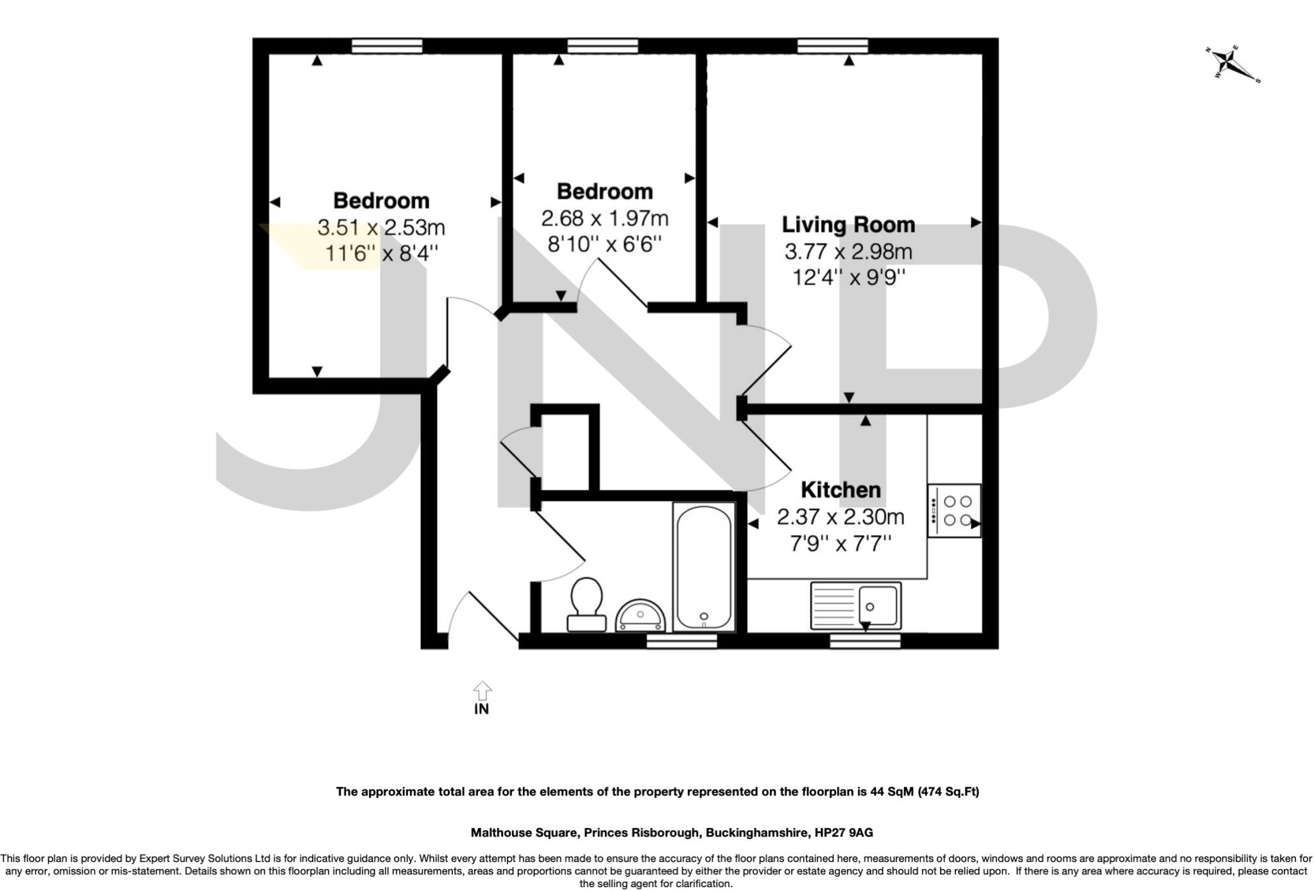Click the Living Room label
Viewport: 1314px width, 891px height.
click(848, 225)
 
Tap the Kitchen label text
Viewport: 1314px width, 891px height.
click(840, 490)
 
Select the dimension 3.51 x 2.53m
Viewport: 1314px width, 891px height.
click(380, 227)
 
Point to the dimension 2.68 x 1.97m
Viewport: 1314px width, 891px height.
click(604, 218)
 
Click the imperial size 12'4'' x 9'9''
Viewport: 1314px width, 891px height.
click(848, 277)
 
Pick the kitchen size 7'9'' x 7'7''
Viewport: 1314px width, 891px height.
click(840, 543)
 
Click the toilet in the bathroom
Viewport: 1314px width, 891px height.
click(586, 603)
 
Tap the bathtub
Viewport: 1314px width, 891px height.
click(704, 566)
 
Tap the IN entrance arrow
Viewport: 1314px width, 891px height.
click(482, 692)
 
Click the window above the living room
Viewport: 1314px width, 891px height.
click(832, 46)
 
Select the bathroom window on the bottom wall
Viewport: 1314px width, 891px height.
click(681, 641)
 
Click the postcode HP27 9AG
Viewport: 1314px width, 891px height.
click(843, 833)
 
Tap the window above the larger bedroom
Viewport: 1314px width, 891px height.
click(387, 46)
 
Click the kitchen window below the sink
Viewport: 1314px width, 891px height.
click(865, 641)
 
